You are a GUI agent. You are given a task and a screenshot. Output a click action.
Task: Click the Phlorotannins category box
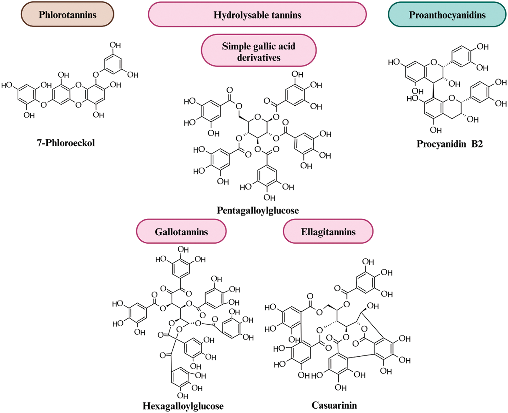[67, 15]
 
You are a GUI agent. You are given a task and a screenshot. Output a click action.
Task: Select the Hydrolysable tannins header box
[257, 15]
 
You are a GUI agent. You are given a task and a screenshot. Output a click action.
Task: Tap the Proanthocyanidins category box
[447, 15]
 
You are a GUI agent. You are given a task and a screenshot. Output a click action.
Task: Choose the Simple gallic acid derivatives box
[259, 51]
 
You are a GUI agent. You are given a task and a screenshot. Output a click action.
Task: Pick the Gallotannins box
[181, 232]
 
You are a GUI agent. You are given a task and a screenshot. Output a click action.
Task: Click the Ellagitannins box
[328, 232]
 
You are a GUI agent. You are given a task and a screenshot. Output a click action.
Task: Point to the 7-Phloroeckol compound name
[66, 143]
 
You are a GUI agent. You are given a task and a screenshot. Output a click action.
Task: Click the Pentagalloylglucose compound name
[258, 211]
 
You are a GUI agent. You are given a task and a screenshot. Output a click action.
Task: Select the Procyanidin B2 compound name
[449, 144]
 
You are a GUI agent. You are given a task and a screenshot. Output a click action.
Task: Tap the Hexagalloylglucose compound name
[183, 406]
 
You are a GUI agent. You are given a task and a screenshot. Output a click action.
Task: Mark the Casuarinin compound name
[334, 405]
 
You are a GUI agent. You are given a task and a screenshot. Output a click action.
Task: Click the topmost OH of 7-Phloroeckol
[115, 45]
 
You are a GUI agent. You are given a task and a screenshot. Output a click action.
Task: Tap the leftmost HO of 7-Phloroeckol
[7, 85]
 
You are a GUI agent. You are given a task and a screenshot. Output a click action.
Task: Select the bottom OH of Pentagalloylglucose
[269, 197]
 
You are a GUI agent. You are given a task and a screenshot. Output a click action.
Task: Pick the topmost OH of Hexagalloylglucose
[183, 250]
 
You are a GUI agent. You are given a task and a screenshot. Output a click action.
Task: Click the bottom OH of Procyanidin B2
[436, 130]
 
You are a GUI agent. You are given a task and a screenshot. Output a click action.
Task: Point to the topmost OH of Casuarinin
[368, 262]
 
